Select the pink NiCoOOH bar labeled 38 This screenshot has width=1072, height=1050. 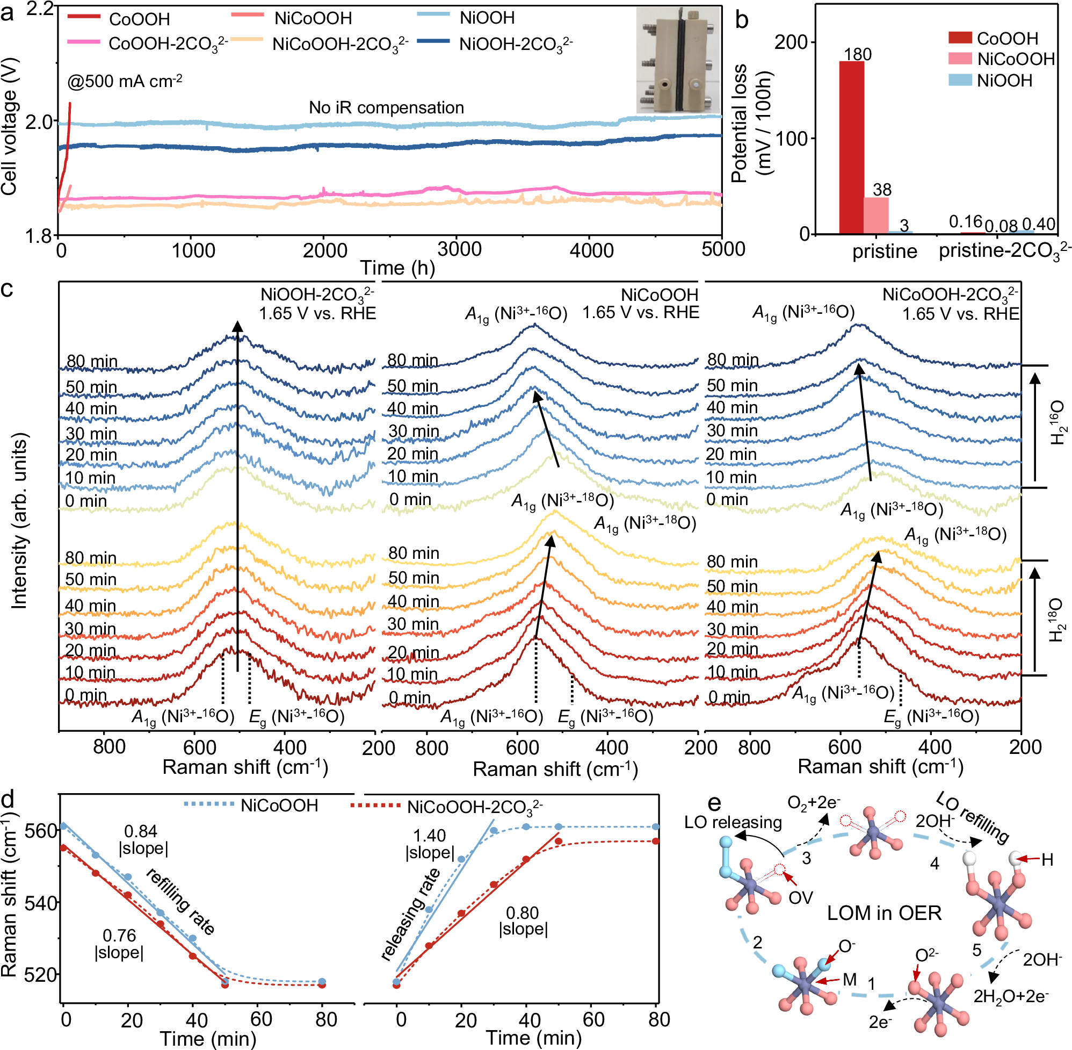click(876, 215)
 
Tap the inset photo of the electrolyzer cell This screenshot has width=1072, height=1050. click(678, 61)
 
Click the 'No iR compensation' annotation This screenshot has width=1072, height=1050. click(386, 107)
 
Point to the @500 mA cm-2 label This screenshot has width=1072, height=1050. click(125, 82)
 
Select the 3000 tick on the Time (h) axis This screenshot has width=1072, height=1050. click(459, 250)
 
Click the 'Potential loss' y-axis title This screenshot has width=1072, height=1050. click(752, 123)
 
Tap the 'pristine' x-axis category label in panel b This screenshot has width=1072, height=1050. click(884, 251)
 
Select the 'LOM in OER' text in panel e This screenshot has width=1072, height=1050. click(883, 913)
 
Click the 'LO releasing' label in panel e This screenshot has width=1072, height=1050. click(733, 822)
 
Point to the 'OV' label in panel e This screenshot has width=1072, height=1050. click(800, 898)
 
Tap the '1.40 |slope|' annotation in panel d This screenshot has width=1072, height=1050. click(429, 844)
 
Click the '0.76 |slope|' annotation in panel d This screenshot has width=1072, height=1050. click(119, 944)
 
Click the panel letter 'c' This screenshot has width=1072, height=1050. click(7, 289)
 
